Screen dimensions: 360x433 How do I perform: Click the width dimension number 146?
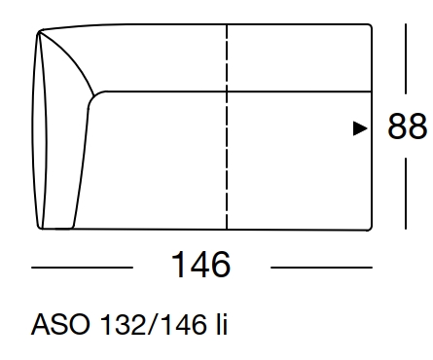pos(200,265)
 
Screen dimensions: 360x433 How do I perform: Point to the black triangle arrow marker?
pos(359,127)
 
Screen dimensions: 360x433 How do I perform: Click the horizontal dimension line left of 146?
pos(82,266)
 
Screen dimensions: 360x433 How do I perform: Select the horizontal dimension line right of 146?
pos(321,266)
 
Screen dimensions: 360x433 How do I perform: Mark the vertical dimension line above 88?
pos(407,63)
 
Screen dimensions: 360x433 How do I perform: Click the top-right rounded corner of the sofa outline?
pos(370,31)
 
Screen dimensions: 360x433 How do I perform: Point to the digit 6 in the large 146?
pos(220,265)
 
